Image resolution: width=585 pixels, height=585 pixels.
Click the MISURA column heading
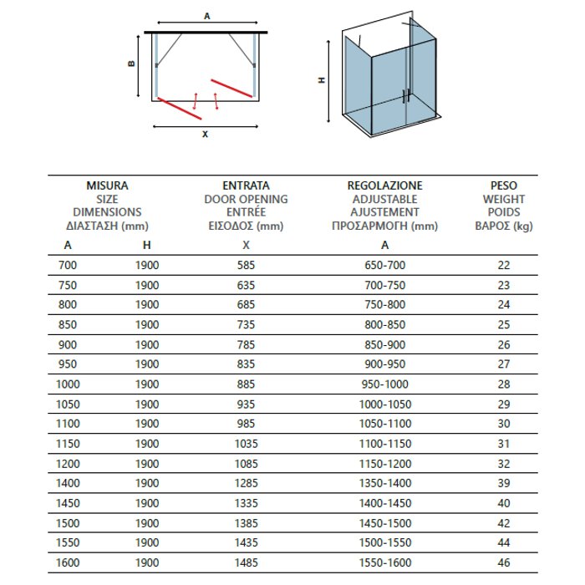(x=107, y=186)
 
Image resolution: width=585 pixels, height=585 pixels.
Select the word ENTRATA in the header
(x=246, y=186)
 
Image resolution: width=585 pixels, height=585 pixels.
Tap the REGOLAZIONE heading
(x=384, y=186)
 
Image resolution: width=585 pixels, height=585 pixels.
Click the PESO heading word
(x=504, y=186)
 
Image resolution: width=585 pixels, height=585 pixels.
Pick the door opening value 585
(x=246, y=265)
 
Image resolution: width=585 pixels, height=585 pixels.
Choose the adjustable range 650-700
(x=384, y=265)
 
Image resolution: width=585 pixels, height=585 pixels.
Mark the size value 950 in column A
(x=68, y=365)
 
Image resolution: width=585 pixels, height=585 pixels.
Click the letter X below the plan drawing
(x=204, y=134)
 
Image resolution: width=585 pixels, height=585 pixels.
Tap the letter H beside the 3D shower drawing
(x=322, y=80)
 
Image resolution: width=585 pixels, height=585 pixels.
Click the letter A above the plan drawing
(x=206, y=15)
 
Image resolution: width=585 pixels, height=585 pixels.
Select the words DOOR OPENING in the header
(x=246, y=199)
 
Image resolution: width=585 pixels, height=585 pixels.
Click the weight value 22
(x=504, y=265)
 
